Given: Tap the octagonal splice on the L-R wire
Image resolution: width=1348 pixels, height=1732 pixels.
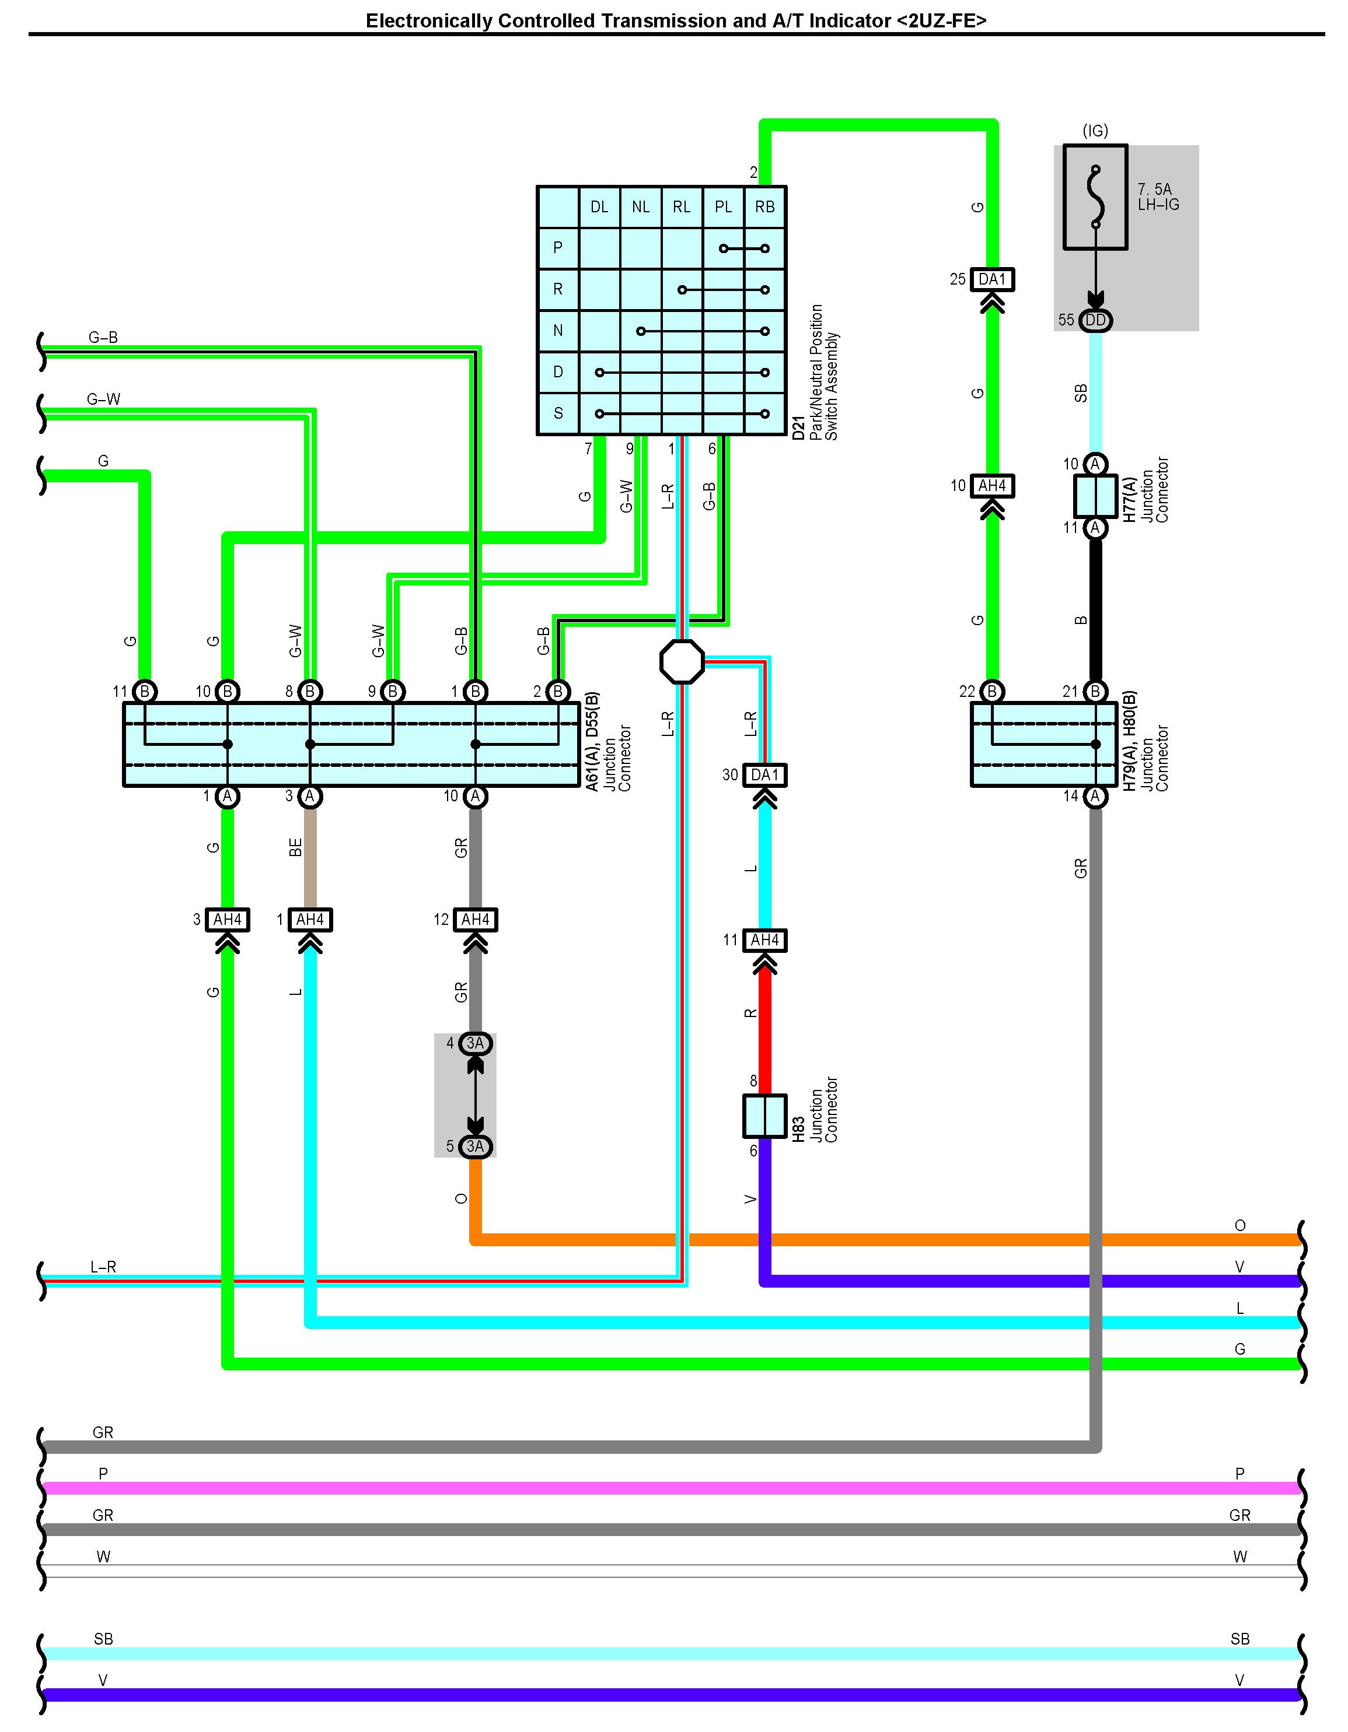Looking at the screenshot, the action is point(682,661).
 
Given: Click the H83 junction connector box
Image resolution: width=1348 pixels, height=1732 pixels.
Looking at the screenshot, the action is point(764,1116).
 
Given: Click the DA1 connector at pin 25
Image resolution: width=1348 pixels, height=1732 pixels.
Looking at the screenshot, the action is point(992,279).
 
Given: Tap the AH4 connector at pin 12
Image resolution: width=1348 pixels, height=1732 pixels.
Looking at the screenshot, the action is point(475,919).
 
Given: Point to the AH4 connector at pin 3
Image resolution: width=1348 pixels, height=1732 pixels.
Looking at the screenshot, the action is point(227,919).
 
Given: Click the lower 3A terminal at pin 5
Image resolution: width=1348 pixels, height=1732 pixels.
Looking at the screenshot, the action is point(475,1146).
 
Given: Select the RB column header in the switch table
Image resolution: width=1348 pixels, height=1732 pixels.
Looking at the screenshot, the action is point(765,207).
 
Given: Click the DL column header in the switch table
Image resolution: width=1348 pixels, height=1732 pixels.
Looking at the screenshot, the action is point(599,207).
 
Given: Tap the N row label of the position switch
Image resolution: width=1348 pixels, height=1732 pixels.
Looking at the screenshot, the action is point(558,331).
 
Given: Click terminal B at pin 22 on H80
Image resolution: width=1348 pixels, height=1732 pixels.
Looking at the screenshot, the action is point(992,692).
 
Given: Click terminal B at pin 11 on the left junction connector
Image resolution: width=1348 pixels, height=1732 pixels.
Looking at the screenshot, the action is point(144,692).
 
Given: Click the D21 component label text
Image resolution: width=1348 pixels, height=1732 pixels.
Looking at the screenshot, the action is point(798,428).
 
